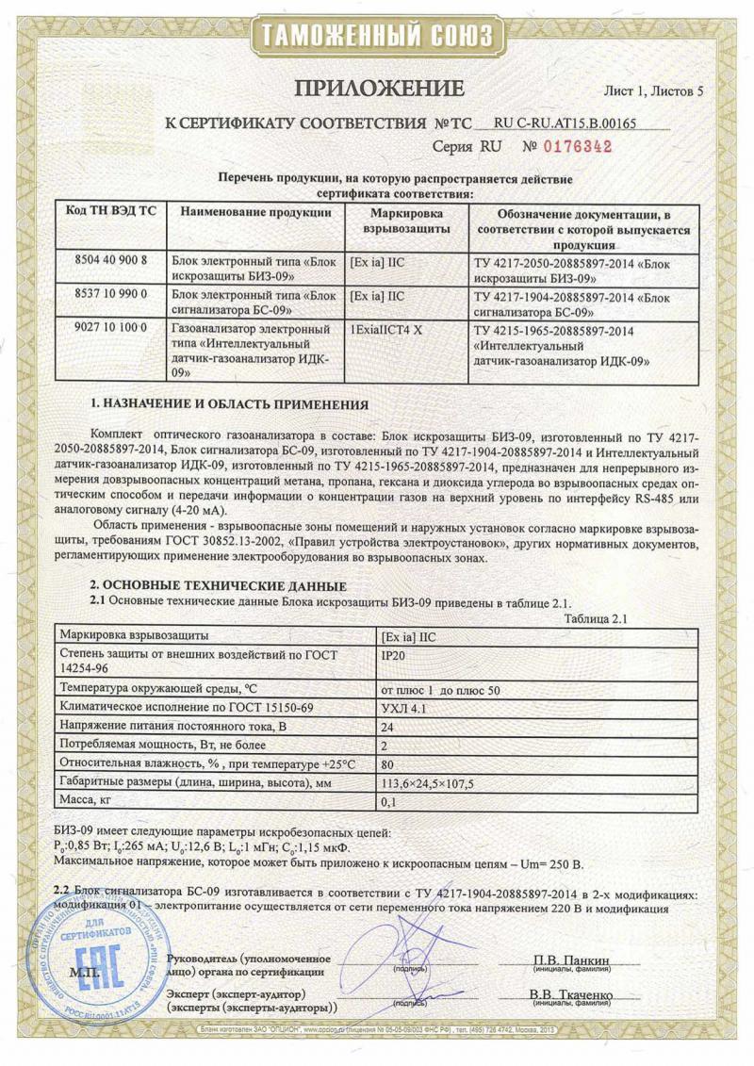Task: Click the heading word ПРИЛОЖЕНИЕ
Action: (x=380, y=90)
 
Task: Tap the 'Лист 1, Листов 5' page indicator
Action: (x=653, y=92)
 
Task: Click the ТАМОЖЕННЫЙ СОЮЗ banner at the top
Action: (x=377, y=37)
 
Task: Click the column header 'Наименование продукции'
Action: (x=255, y=213)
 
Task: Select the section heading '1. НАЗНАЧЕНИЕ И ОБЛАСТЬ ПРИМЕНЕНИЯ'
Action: (x=229, y=404)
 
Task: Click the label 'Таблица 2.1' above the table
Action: (x=596, y=618)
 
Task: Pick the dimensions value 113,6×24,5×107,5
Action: (x=426, y=783)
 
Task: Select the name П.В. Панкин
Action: (x=571, y=960)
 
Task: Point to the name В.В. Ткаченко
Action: (x=571, y=995)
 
